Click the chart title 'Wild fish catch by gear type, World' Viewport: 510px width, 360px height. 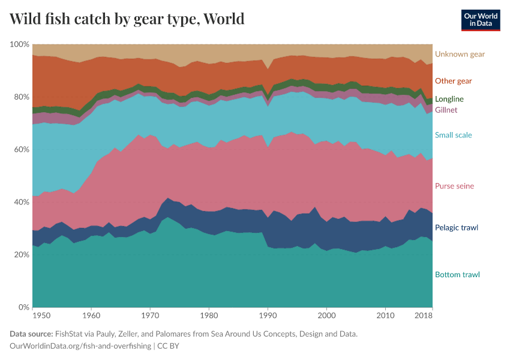(x=127, y=19)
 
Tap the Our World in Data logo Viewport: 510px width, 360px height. (x=481, y=20)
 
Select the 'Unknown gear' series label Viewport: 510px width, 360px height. (x=460, y=54)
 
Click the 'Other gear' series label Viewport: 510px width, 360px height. (x=453, y=81)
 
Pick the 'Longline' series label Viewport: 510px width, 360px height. (x=449, y=99)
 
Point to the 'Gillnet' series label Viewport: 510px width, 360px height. (x=446, y=110)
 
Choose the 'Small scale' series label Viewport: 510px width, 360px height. (x=453, y=135)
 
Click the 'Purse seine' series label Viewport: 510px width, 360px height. (x=454, y=186)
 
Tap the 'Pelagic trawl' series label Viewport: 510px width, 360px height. (x=456, y=228)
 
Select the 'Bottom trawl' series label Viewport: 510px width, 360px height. (x=457, y=275)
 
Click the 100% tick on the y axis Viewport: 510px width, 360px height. (x=20, y=45)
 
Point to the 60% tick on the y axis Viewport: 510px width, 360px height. (x=21, y=150)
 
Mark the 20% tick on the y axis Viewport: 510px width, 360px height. (x=21, y=255)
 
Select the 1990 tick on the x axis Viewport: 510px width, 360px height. (x=268, y=315)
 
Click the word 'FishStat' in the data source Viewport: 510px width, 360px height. (x=70, y=334)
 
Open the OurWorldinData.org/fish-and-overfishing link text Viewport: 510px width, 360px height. (x=80, y=346)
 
